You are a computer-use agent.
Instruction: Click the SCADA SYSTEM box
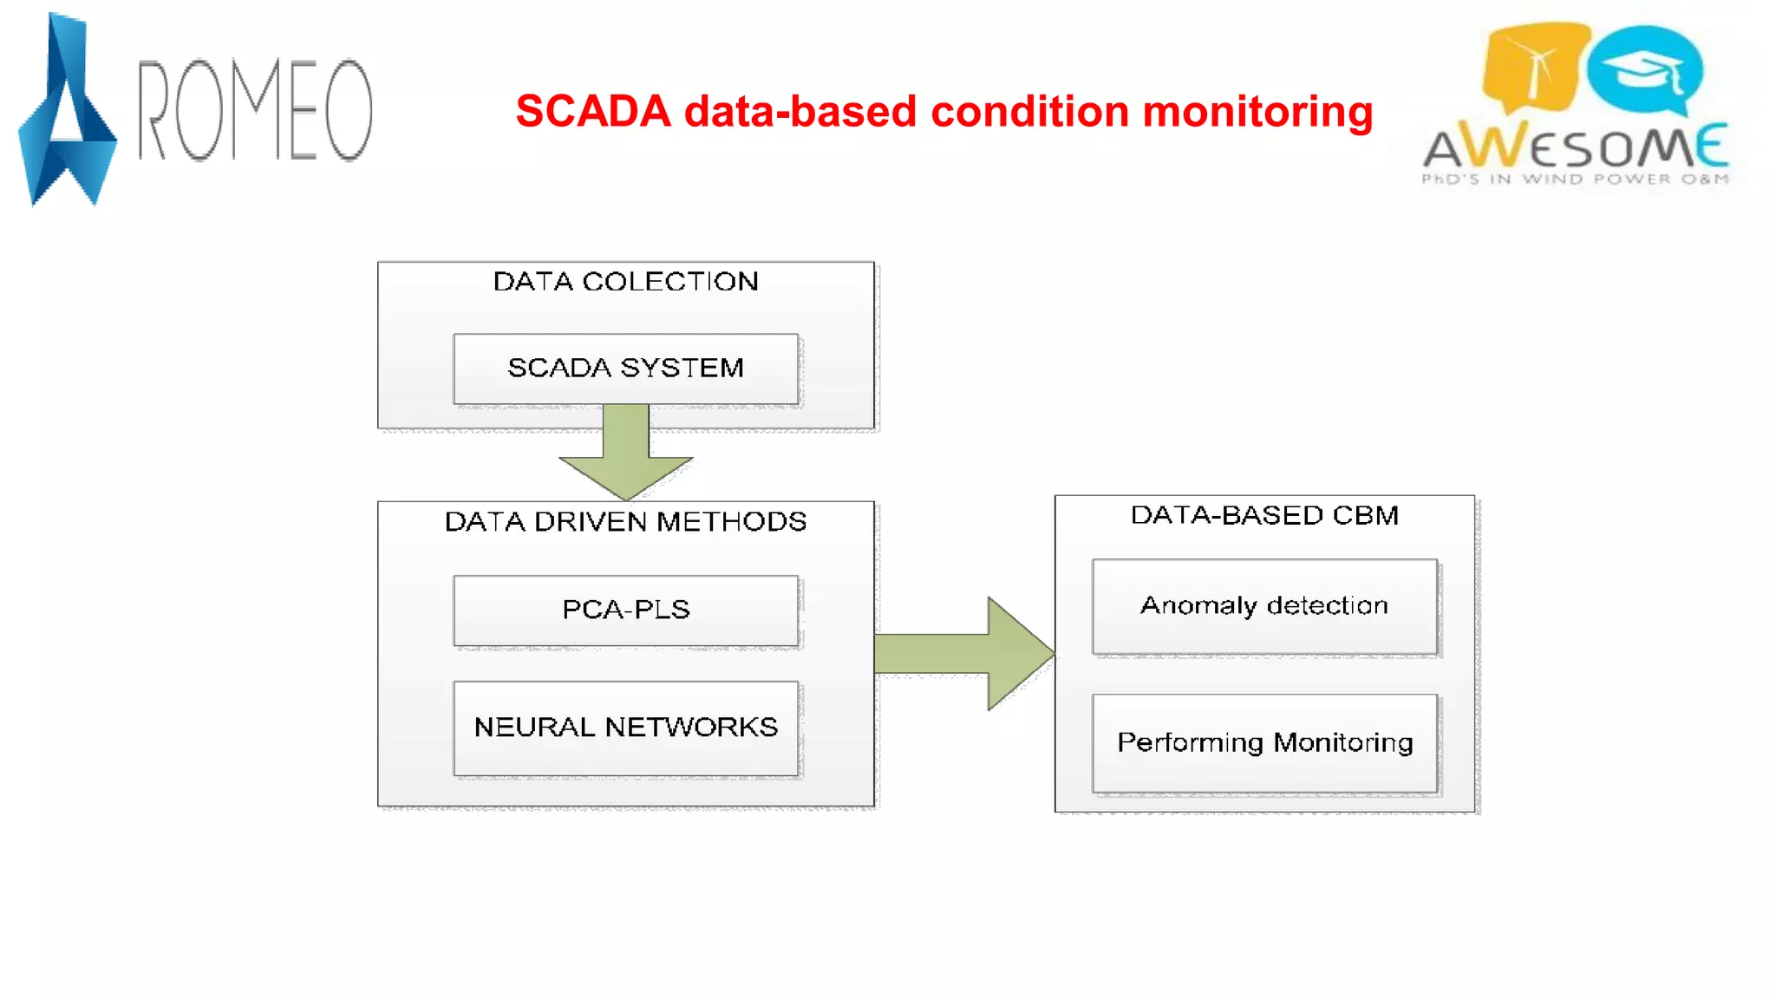(x=625, y=369)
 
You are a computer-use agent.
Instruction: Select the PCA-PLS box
(x=625, y=610)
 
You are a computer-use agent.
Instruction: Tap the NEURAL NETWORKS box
(x=625, y=728)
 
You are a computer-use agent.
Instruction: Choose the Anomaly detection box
(x=1263, y=606)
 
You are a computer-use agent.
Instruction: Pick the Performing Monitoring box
(x=1263, y=742)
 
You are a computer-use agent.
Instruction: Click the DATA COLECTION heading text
(x=625, y=282)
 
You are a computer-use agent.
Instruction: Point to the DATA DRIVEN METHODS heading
(x=625, y=522)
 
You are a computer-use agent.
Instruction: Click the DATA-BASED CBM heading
(x=1263, y=515)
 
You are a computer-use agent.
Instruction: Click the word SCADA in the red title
(x=593, y=112)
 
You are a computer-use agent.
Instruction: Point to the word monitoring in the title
(x=1257, y=112)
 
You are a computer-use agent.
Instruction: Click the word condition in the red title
(x=1028, y=112)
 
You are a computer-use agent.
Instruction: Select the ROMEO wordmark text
(x=256, y=110)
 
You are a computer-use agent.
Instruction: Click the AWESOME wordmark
(x=1574, y=147)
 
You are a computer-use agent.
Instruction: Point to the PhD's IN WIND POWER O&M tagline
(x=1574, y=180)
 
